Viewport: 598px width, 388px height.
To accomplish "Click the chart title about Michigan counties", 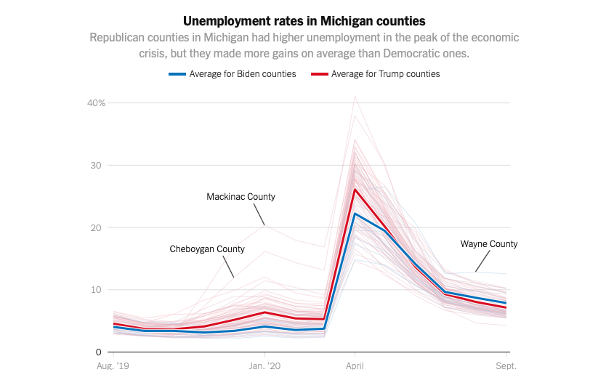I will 304,20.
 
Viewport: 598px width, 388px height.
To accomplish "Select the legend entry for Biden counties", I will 242,73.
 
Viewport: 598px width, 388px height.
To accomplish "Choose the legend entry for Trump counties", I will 385,73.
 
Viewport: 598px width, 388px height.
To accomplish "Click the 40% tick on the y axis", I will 97,103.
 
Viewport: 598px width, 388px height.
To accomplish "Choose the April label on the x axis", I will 355,366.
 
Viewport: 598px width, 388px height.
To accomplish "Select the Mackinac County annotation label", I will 241,197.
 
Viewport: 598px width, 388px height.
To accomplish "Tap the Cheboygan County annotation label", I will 207,249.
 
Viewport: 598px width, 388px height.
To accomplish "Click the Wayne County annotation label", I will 489,244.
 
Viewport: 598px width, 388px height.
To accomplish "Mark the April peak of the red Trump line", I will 355,190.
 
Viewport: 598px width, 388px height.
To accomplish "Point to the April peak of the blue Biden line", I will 355,214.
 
